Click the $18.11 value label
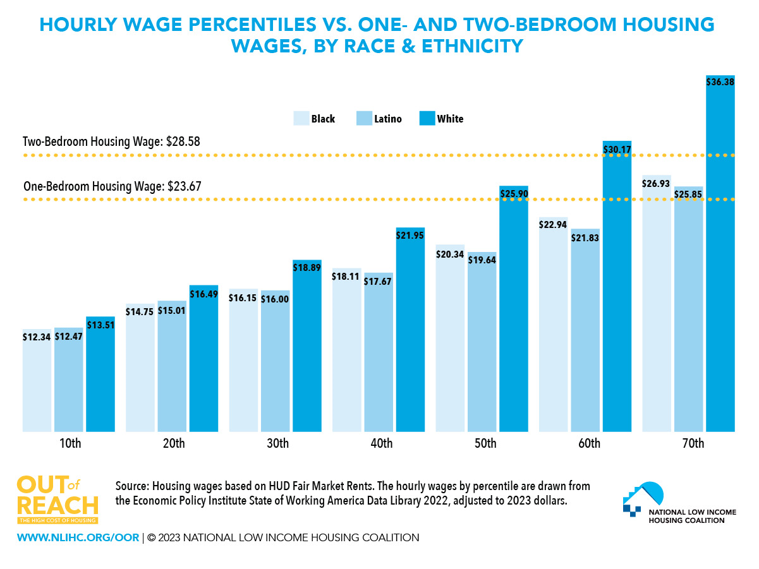pos(346,277)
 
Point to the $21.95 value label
pos(410,236)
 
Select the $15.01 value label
pos(172,310)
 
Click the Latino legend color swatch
pos(364,119)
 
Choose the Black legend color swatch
pos(300,119)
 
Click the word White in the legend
pos(450,119)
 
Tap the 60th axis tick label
pos(588,443)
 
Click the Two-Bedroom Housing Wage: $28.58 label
pos(111,141)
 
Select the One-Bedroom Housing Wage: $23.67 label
pos(112,187)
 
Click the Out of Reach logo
pos(58,500)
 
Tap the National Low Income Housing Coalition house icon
pos(642,496)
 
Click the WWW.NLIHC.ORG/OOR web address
pos(78,538)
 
